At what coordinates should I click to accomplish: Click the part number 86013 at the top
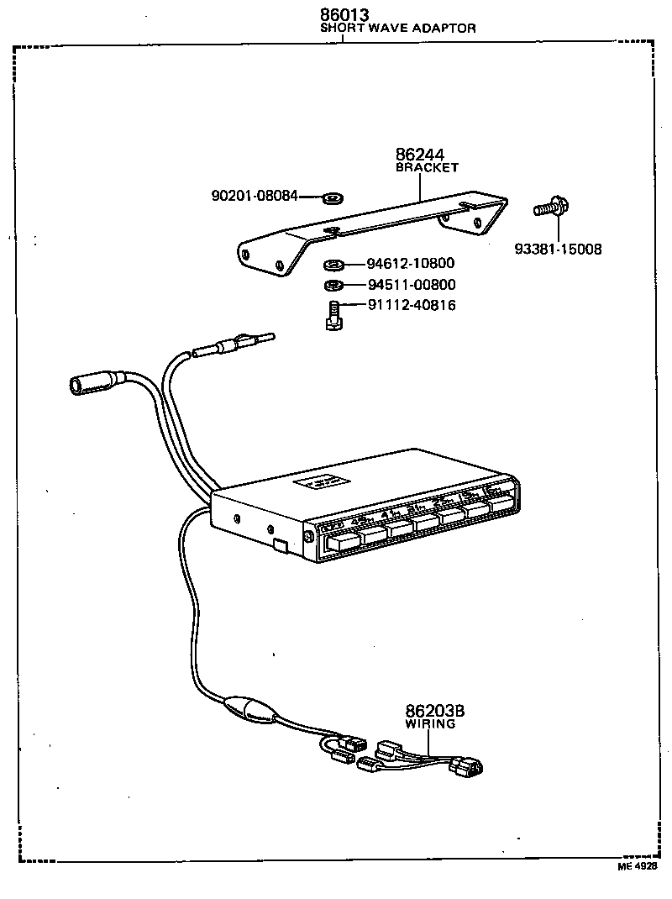[x=344, y=14]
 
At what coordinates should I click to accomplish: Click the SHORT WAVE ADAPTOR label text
[x=398, y=28]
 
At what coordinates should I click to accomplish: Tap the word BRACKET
[x=427, y=167]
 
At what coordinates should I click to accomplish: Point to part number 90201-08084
[x=254, y=197]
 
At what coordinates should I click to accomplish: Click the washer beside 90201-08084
[x=332, y=198]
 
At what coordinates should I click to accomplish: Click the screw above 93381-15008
[x=549, y=207]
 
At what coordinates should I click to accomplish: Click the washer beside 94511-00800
[x=333, y=286]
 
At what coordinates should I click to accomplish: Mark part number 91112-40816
[x=412, y=306]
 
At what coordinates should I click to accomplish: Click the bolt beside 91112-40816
[x=333, y=315]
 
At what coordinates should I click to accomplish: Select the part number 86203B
[x=434, y=711]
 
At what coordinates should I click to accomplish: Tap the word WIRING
[x=430, y=723]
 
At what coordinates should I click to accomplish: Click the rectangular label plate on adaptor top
[x=323, y=484]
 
